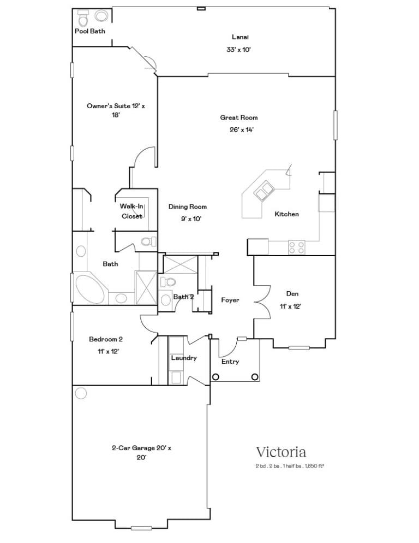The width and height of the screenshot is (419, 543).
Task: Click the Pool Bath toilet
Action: tap(83, 19)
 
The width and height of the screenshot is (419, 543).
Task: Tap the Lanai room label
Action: tap(240, 37)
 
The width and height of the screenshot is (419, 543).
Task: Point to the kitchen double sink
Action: tap(264, 191)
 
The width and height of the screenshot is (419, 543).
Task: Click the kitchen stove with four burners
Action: tap(296, 247)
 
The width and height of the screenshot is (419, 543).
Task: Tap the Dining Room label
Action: tap(188, 206)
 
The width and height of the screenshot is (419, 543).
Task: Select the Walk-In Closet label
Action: tap(131, 211)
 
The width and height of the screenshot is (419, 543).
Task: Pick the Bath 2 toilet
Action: tap(168, 282)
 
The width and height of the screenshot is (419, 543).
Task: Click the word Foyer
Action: tap(230, 300)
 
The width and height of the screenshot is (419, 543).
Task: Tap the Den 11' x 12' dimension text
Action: tap(290, 306)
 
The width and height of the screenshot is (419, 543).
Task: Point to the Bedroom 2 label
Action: tap(106, 339)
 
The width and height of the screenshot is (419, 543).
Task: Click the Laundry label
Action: tap(184, 358)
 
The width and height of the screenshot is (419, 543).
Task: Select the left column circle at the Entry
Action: tap(216, 377)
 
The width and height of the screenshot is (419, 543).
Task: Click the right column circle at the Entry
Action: tap(255, 377)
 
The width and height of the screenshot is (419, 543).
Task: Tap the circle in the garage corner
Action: tap(81, 393)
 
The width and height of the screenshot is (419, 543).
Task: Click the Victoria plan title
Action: tap(281, 452)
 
